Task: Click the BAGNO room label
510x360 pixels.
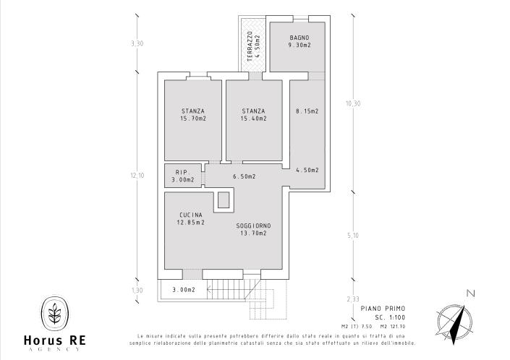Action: pos(299,37)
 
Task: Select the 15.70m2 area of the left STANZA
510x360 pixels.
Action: pos(193,119)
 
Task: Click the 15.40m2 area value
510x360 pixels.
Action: pos(253,119)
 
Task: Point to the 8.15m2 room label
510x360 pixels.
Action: pos(307,111)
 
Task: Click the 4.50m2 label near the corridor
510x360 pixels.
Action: pos(307,170)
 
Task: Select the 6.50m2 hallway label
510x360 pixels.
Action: pos(244,176)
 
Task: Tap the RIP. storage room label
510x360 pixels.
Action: pos(182,172)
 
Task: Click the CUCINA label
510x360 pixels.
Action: pos(191,215)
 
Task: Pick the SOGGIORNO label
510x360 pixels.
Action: pos(253,226)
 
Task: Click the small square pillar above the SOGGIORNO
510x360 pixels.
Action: pos(224,200)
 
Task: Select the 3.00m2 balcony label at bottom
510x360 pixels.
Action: pos(183,290)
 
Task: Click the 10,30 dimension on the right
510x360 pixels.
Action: pos(353,103)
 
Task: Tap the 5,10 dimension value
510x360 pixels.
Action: pos(353,235)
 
